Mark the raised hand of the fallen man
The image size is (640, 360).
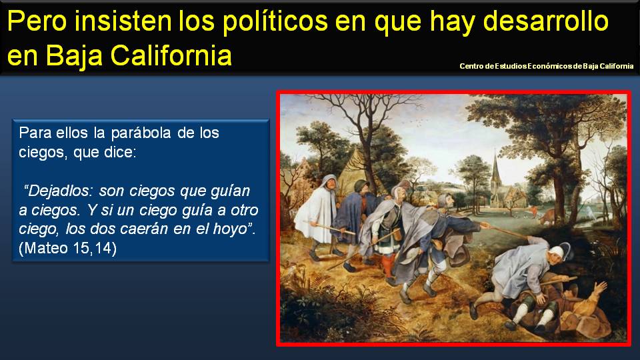[601, 287]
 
